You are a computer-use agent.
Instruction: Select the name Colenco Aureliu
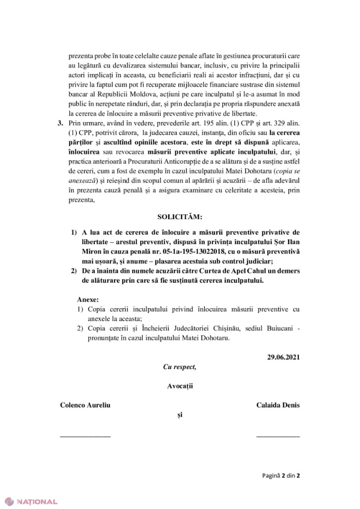85,405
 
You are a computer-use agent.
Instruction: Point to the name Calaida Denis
278,405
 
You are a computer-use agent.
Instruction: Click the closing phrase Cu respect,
180,367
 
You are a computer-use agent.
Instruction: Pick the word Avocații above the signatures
180,386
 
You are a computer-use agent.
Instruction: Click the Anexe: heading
88,299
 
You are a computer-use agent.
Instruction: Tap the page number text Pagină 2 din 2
281,475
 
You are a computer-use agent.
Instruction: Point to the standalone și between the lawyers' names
180,415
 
